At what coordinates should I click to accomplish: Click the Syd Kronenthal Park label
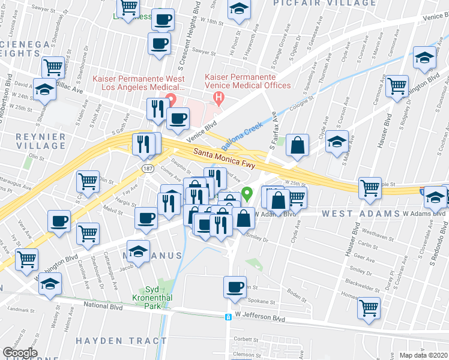[x=147, y=297]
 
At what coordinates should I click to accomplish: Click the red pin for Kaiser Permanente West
[x=170, y=99]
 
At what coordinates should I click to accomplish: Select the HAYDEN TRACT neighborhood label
[x=121, y=340]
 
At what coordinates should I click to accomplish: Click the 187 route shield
[x=147, y=170]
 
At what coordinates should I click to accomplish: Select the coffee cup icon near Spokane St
[x=235, y=287]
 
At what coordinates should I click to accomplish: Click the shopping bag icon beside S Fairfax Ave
[x=297, y=144]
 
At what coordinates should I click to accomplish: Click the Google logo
[x=20, y=353]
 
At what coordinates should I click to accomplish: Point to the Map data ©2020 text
[x=424, y=355]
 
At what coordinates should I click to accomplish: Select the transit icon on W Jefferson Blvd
[x=228, y=317]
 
